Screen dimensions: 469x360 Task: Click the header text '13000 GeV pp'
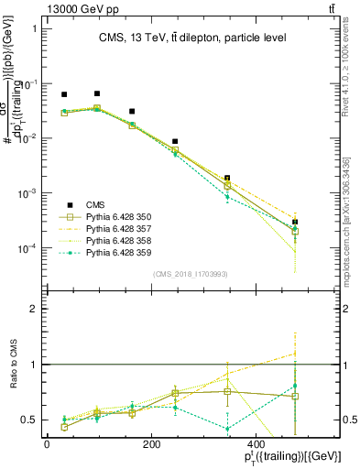coord(44,8)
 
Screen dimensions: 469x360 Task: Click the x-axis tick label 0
coord(47,444)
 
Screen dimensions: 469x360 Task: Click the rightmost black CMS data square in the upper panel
coord(295,222)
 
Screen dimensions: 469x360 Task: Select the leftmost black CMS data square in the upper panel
coord(64,94)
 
